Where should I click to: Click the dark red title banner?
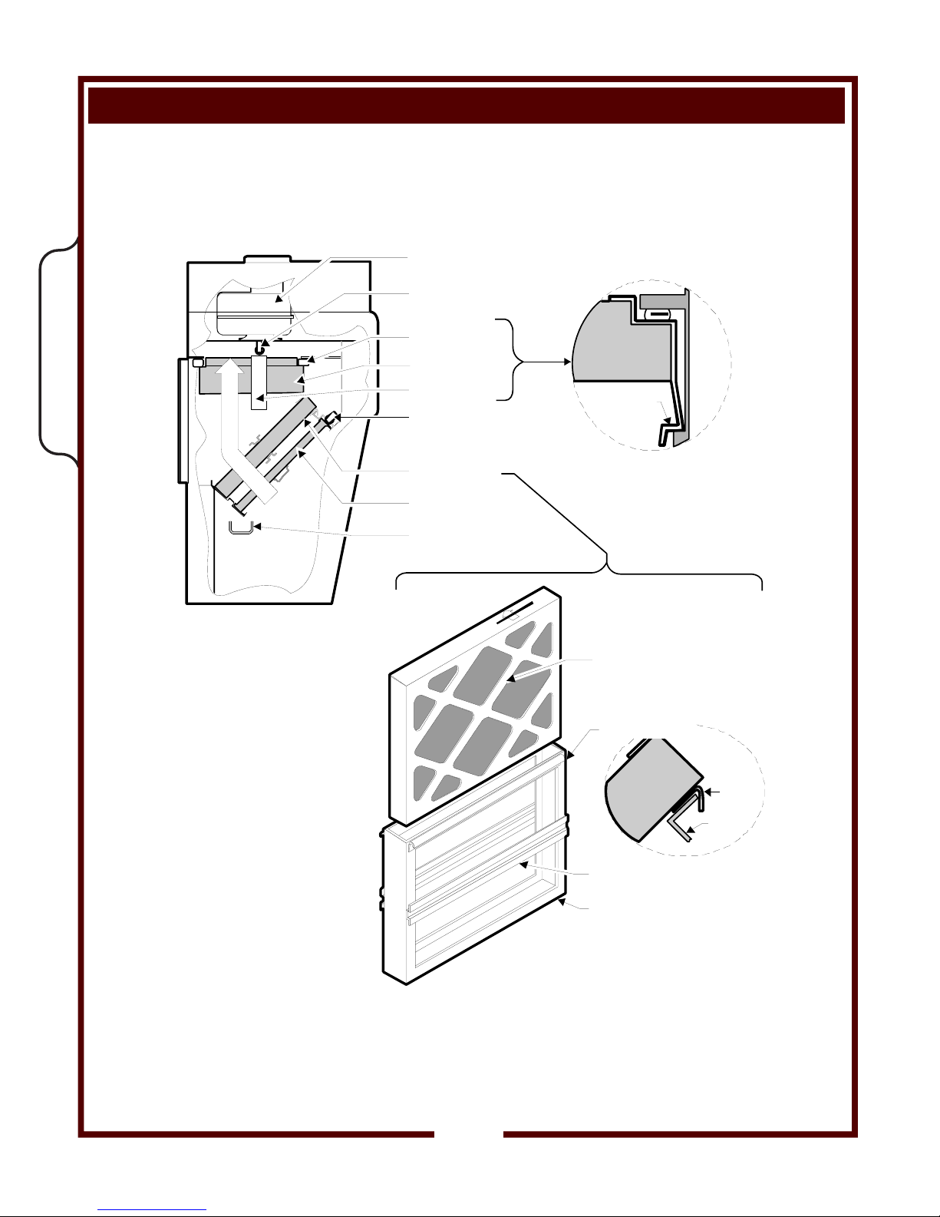466,105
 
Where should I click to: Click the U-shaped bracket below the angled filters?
240,527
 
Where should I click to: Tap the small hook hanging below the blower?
261,349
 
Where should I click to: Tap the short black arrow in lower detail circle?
713,791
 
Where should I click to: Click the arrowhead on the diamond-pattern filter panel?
510,679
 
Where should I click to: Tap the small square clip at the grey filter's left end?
196,361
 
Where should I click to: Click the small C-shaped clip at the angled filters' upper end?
332,418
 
